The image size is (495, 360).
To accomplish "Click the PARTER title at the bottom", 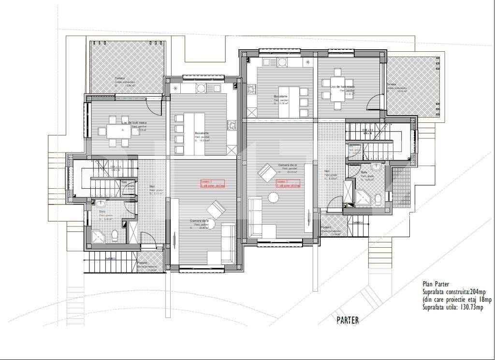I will click(x=348, y=320).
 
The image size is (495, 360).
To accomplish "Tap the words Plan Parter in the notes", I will click(x=436, y=285).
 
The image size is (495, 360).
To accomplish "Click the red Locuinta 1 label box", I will click(x=213, y=183).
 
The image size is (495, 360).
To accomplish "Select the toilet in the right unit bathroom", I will click(x=379, y=198).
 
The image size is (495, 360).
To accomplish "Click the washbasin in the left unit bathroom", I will click(x=101, y=204).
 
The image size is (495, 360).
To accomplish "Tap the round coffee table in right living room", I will click(x=274, y=197).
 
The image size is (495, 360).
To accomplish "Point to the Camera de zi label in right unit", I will click(x=287, y=165).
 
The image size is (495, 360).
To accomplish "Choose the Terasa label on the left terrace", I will click(x=120, y=78).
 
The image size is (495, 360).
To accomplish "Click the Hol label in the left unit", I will click(x=152, y=186).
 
